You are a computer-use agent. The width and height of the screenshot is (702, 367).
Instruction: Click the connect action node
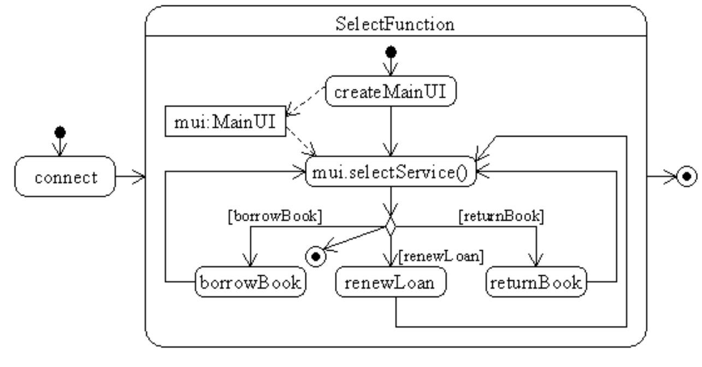click(65, 176)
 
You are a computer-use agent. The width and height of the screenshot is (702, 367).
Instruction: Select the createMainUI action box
click(391, 91)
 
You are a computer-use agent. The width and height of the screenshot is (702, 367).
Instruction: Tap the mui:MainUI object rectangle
click(225, 121)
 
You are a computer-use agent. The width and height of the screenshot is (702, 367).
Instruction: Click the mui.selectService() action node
click(391, 171)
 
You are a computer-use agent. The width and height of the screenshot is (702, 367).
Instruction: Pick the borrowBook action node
click(250, 282)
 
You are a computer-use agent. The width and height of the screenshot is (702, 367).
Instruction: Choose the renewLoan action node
click(391, 282)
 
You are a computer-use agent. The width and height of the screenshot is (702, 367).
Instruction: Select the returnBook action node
click(536, 282)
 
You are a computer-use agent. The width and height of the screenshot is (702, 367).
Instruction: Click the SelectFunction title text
click(395, 24)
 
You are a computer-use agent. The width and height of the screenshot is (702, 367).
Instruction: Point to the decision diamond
click(391, 226)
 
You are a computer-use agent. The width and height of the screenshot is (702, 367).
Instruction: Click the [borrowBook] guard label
click(275, 216)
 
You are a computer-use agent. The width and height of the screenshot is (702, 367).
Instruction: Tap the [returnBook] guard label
click(501, 216)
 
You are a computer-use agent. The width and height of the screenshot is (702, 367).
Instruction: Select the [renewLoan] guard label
click(441, 256)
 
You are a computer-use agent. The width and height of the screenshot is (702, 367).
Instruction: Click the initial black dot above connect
click(60, 132)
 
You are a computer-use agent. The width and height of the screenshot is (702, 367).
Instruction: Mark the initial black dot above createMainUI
click(391, 52)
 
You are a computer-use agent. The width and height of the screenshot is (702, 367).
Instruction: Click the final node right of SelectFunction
click(687, 176)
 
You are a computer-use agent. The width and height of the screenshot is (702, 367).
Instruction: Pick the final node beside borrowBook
click(316, 257)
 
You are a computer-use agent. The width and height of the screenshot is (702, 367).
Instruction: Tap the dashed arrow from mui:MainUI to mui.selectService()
click(301, 141)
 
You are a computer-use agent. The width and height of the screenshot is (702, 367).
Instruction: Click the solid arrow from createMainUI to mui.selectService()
click(391, 131)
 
